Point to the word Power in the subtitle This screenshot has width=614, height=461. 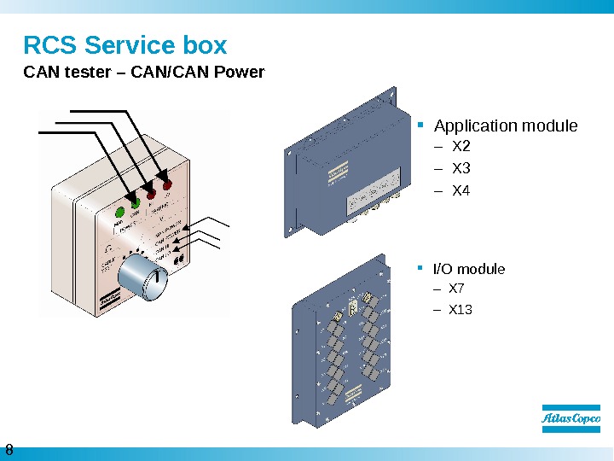click(x=243, y=72)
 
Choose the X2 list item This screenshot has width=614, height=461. click(x=460, y=145)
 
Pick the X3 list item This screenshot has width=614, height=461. click(x=460, y=167)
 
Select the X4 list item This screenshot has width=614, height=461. click(x=460, y=190)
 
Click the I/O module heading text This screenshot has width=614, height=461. click(x=469, y=269)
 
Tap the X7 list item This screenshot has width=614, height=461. click(x=457, y=289)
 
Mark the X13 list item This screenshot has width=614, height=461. click(x=460, y=309)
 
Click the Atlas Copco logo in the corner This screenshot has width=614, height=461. click(x=571, y=418)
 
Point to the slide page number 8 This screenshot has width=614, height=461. click(x=9, y=450)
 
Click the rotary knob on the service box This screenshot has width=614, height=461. click(x=140, y=278)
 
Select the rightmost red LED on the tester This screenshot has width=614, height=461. click(x=167, y=185)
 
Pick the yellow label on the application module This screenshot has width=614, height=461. click(x=338, y=173)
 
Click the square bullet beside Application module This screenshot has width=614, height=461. click(x=421, y=126)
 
